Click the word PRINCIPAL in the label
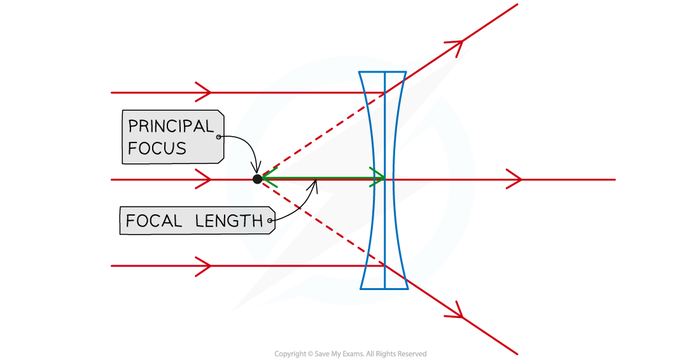(x=171, y=126)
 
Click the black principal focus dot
(x=257, y=179)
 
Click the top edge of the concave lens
(x=382, y=72)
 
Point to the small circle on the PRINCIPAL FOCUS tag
(x=219, y=137)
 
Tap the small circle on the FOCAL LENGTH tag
(x=271, y=222)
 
